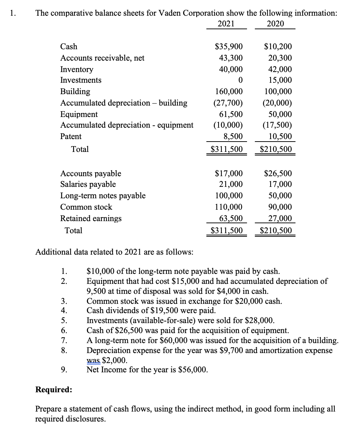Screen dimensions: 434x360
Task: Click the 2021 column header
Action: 226,24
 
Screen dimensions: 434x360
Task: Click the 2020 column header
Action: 275,24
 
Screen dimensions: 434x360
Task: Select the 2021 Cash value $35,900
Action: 229,47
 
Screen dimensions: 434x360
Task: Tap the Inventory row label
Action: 77,69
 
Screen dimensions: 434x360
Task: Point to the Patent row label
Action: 71,137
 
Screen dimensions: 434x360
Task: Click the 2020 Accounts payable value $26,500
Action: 278,174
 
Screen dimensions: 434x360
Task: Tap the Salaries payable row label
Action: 88,184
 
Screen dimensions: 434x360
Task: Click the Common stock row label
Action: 86,207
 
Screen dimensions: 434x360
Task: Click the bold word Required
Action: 53,390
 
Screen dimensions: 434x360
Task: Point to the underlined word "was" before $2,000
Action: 93,360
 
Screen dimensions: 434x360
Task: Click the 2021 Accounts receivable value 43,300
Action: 231,58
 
